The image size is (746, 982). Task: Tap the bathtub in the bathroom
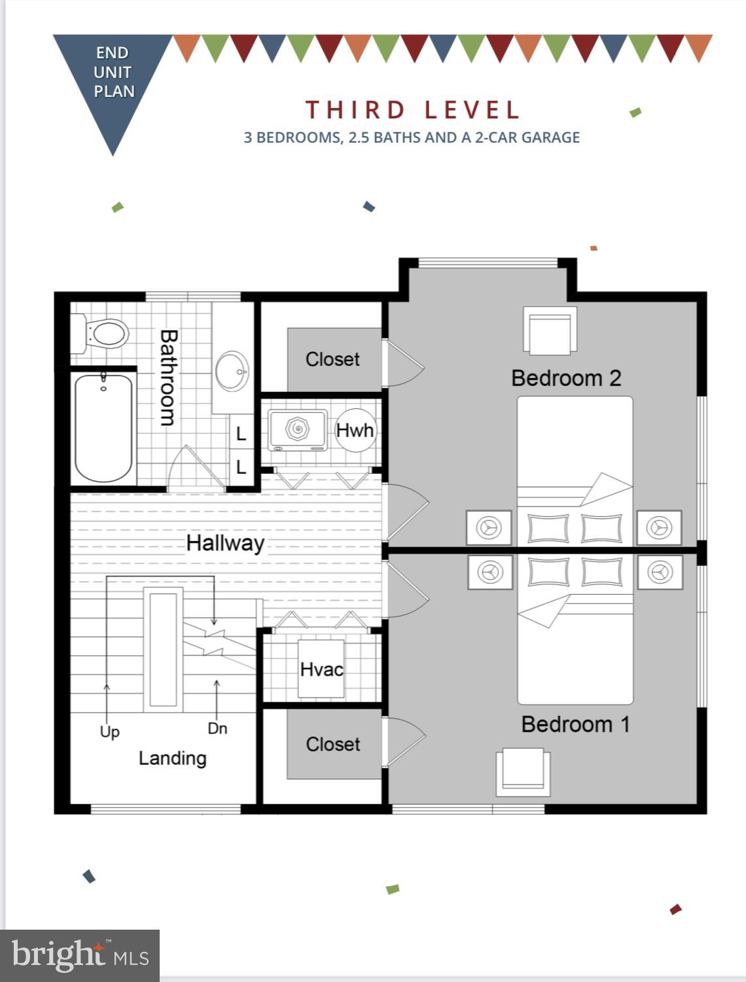pyautogui.click(x=103, y=428)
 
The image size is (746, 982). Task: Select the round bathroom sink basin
pyautogui.click(x=232, y=371)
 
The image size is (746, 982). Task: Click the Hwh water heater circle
pyautogui.click(x=355, y=430)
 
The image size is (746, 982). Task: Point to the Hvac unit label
pyautogui.click(x=321, y=669)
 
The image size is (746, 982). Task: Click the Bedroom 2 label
pyautogui.click(x=565, y=378)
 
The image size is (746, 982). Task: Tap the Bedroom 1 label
pyautogui.click(x=575, y=724)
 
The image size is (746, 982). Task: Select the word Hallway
pyautogui.click(x=225, y=543)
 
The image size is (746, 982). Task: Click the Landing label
pyautogui.click(x=172, y=758)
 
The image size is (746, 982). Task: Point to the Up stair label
pyautogui.click(x=109, y=731)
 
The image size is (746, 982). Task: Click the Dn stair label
pyautogui.click(x=217, y=728)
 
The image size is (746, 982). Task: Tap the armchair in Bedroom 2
pyautogui.click(x=550, y=331)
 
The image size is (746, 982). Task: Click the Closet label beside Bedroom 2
pyautogui.click(x=332, y=359)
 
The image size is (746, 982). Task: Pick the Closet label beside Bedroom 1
pyautogui.click(x=332, y=745)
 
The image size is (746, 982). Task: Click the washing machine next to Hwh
pyautogui.click(x=298, y=430)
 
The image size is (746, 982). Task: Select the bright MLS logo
pyautogui.click(x=80, y=955)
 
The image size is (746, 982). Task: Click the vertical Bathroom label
pyautogui.click(x=168, y=377)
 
